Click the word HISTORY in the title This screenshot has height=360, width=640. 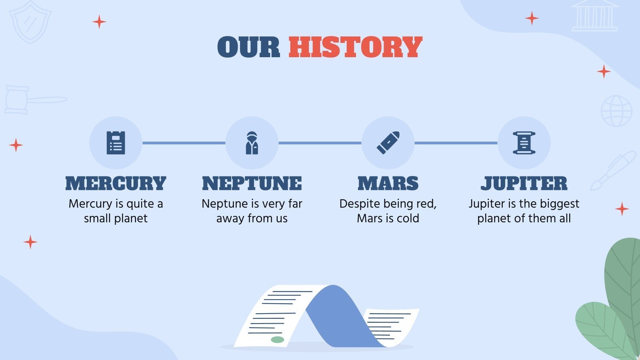point(355,47)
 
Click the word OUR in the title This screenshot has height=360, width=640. point(248,47)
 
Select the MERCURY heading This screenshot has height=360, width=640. point(116,184)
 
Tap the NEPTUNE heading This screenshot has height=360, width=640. point(252,184)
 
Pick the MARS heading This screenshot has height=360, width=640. point(388,184)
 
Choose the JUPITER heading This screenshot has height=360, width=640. point(524,184)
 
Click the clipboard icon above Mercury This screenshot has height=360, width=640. point(116,143)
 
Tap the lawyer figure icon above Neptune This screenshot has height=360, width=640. point(252,143)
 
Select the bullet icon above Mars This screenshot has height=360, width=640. point(388,143)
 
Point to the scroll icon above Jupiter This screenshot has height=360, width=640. point(524,143)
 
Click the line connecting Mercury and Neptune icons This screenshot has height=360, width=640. point(184,143)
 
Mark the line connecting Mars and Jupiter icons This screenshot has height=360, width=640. point(456,143)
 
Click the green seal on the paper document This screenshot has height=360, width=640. point(277,340)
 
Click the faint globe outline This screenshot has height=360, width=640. point(616,111)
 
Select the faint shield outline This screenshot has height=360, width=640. point(30,22)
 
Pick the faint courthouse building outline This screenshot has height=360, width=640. point(595,16)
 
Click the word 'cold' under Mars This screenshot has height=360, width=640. point(408,218)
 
